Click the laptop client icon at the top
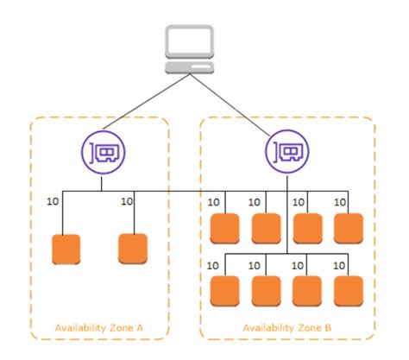point(188,53)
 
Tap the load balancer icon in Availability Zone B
point(285,154)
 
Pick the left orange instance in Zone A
point(66,248)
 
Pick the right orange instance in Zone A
point(132,248)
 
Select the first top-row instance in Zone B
point(224,227)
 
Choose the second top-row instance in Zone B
point(266,227)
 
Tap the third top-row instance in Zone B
point(307,227)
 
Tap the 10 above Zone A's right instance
point(128,202)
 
